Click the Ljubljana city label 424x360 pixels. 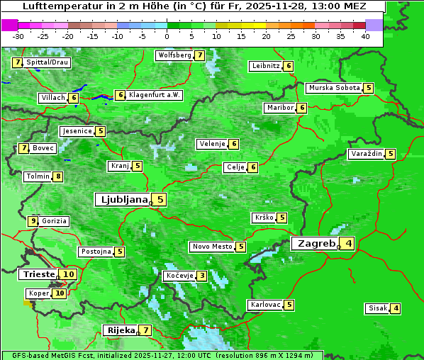point(123,200)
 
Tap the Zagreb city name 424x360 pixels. point(316,244)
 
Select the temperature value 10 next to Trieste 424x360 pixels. point(69,274)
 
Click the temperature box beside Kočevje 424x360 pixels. point(202,276)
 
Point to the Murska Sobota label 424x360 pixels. point(333,88)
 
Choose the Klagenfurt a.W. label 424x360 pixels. point(154,95)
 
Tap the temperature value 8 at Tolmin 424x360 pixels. point(57,176)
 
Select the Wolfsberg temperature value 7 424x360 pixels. point(200,55)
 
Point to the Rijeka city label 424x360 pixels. point(120,330)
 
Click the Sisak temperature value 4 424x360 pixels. point(396,308)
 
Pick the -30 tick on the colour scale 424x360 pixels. point(18,36)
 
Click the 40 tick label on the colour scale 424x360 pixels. point(365,36)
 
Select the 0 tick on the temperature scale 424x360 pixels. point(167,36)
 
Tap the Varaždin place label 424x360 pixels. point(367,154)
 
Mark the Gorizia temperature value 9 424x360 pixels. point(33,221)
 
